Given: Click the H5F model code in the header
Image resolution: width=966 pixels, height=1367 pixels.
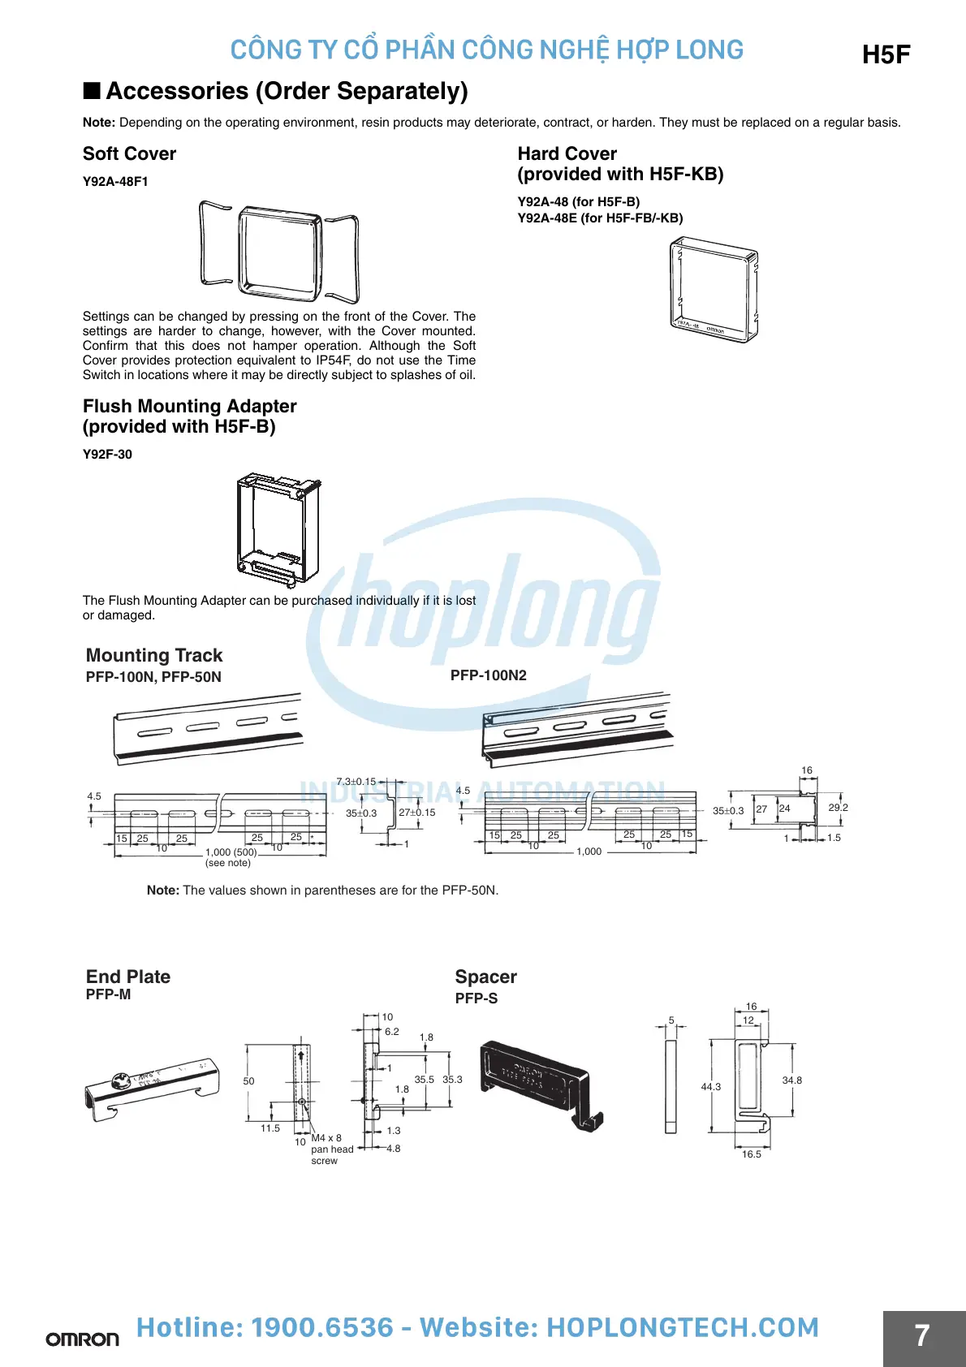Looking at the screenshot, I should pyautogui.click(x=886, y=54).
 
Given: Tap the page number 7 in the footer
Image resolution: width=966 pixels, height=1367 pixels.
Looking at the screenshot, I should pyautogui.click(x=922, y=1335).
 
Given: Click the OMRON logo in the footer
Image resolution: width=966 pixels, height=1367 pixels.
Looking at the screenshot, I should pyautogui.click(x=82, y=1339).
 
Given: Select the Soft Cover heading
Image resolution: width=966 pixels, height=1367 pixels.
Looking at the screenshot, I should pyautogui.click(x=129, y=153).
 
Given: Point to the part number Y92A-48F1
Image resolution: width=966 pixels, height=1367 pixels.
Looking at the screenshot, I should pyautogui.click(x=115, y=182).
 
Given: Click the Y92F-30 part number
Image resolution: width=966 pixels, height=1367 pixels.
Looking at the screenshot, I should pyautogui.click(x=107, y=455).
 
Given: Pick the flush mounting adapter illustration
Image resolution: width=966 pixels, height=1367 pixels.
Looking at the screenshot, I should pyautogui.click(x=278, y=528).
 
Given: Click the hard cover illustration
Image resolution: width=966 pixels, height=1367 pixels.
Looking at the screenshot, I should pyautogui.click(x=714, y=289).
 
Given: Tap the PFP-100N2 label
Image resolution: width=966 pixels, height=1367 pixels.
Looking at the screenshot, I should pyautogui.click(x=488, y=675).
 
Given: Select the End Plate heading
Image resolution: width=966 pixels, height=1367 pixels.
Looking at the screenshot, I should pyautogui.click(x=128, y=977).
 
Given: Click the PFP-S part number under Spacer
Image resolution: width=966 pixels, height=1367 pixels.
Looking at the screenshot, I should pyautogui.click(x=476, y=998).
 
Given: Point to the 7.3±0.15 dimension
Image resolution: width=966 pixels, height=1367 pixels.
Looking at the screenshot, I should pyautogui.click(x=356, y=782).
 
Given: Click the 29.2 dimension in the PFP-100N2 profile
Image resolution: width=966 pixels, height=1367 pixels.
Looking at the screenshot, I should pyautogui.click(x=838, y=808).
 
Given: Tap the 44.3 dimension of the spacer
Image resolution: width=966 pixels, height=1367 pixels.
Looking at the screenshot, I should pyautogui.click(x=710, y=1086).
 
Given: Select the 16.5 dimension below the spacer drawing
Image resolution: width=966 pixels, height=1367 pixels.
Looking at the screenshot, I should pyautogui.click(x=752, y=1154).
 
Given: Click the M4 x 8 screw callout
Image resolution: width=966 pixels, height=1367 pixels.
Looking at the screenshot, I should pyautogui.click(x=326, y=1138).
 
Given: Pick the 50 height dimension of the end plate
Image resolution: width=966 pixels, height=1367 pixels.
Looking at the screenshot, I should pyautogui.click(x=248, y=1081).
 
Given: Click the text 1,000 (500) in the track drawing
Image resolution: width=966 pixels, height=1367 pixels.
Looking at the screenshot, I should pyautogui.click(x=231, y=852).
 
